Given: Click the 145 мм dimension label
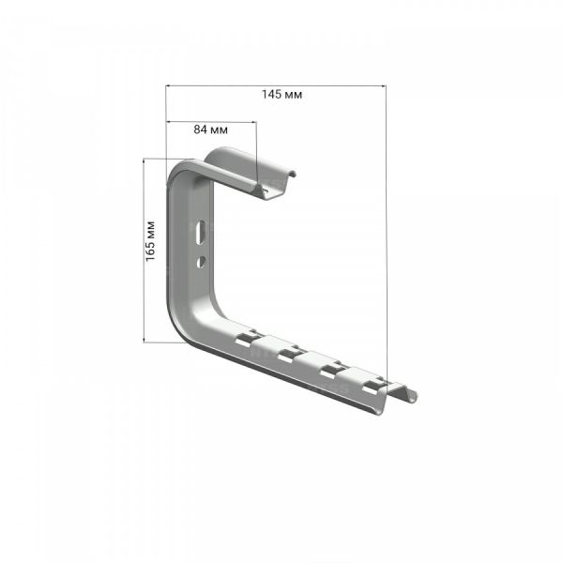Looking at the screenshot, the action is pyautogui.click(x=281, y=95).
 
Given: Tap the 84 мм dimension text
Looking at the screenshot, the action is pyautogui.click(x=211, y=129).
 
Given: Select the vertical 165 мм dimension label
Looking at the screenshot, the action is pyautogui.click(x=150, y=241).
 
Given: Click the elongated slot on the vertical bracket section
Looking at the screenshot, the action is pyautogui.click(x=202, y=233).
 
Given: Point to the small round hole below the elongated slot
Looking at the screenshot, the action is pyautogui.click(x=201, y=261).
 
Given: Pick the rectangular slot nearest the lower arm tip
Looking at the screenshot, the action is pyautogui.click(x=374, y=386).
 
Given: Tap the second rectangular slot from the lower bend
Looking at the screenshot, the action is pyautogui.click(x=289, y=355).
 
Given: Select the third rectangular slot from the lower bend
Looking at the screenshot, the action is pyautogui.click(x=332, y=371).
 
